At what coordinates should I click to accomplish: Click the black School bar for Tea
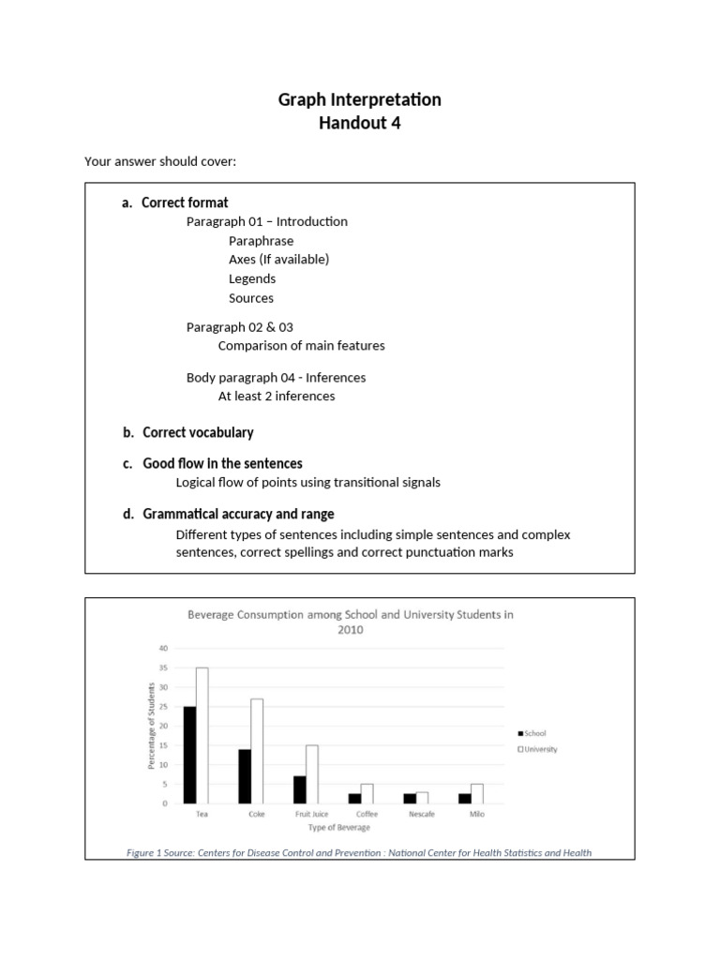click(x=189, y=755)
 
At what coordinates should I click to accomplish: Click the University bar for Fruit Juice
click(x=312, y=774)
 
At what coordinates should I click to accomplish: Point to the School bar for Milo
click(x=464, y=798)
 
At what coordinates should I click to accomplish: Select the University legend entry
click(x=541, y=748)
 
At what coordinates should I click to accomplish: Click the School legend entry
click(x=533, y=733)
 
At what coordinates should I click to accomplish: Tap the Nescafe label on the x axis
click(x=421, y=814)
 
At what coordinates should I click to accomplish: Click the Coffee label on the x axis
click(x=367, y=814)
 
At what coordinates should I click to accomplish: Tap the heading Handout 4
click(x=360, y=122)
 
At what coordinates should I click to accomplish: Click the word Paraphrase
click(x=261, y=241)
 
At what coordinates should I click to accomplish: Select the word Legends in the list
click(x=251, y=278)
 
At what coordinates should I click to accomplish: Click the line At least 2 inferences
click(x=276, y=396)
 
